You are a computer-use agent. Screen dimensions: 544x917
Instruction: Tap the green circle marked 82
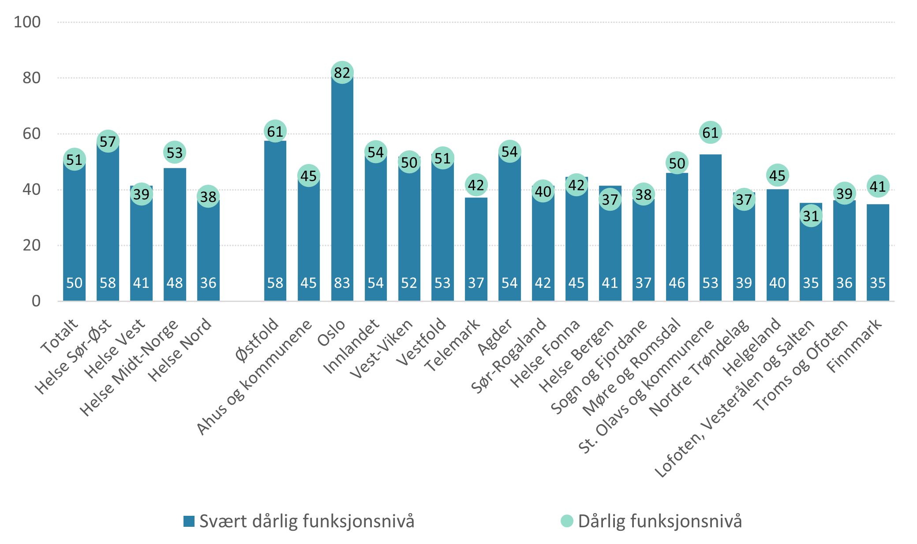pyautogui.click(x=342, y=72)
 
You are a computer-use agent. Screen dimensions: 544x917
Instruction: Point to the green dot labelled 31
pyautogui.click(x=811, y=216)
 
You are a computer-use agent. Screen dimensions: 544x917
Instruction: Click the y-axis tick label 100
pyautogui.click(x=27, y=22)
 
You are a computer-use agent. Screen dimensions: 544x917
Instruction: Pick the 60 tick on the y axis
pyautogui.click(x=31, y=134)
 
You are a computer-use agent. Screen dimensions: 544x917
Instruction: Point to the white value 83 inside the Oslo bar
pyautogui.click(x=342, y=283)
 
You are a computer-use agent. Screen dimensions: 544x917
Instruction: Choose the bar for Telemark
pyautogui.click(x=476, y=247)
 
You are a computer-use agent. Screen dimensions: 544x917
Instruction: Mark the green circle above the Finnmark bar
pyautogui.click(x=878, y=186)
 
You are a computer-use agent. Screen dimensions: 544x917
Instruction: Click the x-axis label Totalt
pyautogui.click(x=59, y=336)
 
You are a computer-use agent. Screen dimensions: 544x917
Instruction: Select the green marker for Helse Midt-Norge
pyautogui.click(x=175, y=153)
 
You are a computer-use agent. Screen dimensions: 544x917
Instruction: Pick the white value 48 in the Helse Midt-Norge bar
pyautogui.click(x=175, y=283)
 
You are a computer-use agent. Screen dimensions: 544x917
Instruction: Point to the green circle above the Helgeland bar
pyautogui.click(x=777, y=175)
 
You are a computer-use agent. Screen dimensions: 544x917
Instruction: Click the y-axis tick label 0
pyautogui.click(x=36, y=301)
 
